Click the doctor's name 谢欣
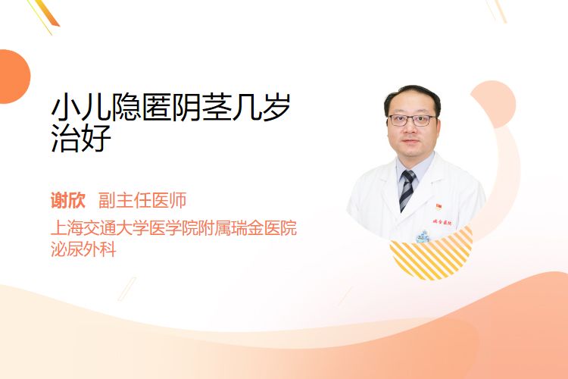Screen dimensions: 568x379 pyautogui.click(x=67, y=201)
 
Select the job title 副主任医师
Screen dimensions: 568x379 pyautogui.click(x=142, y=201)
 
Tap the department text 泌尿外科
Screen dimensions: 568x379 pyautogui.click(x=83, y=249)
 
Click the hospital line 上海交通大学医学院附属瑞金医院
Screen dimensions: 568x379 pyautogui.click(x=174, y=227)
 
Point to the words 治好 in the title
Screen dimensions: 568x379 pyautogui.click(x=81, y=138)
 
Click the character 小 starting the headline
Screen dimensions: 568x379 pyautogui.click(x=66, y=108)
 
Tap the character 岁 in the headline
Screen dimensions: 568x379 pyautogui.click(x=276, y=108)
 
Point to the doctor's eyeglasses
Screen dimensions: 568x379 pyautogui.click(x=412, y=120)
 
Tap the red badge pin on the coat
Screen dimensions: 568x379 pyautogui.click(x=438, y=207)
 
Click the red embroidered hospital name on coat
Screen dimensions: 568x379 pyautogui.click(x=442, y=221)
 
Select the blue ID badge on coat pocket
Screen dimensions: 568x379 pyautogui.click(x=423, y=236)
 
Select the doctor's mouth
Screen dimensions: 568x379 pyautogui.click(x=410, y=142)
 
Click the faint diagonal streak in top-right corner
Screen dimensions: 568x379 pyautogui.click(x=496, y=10)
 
